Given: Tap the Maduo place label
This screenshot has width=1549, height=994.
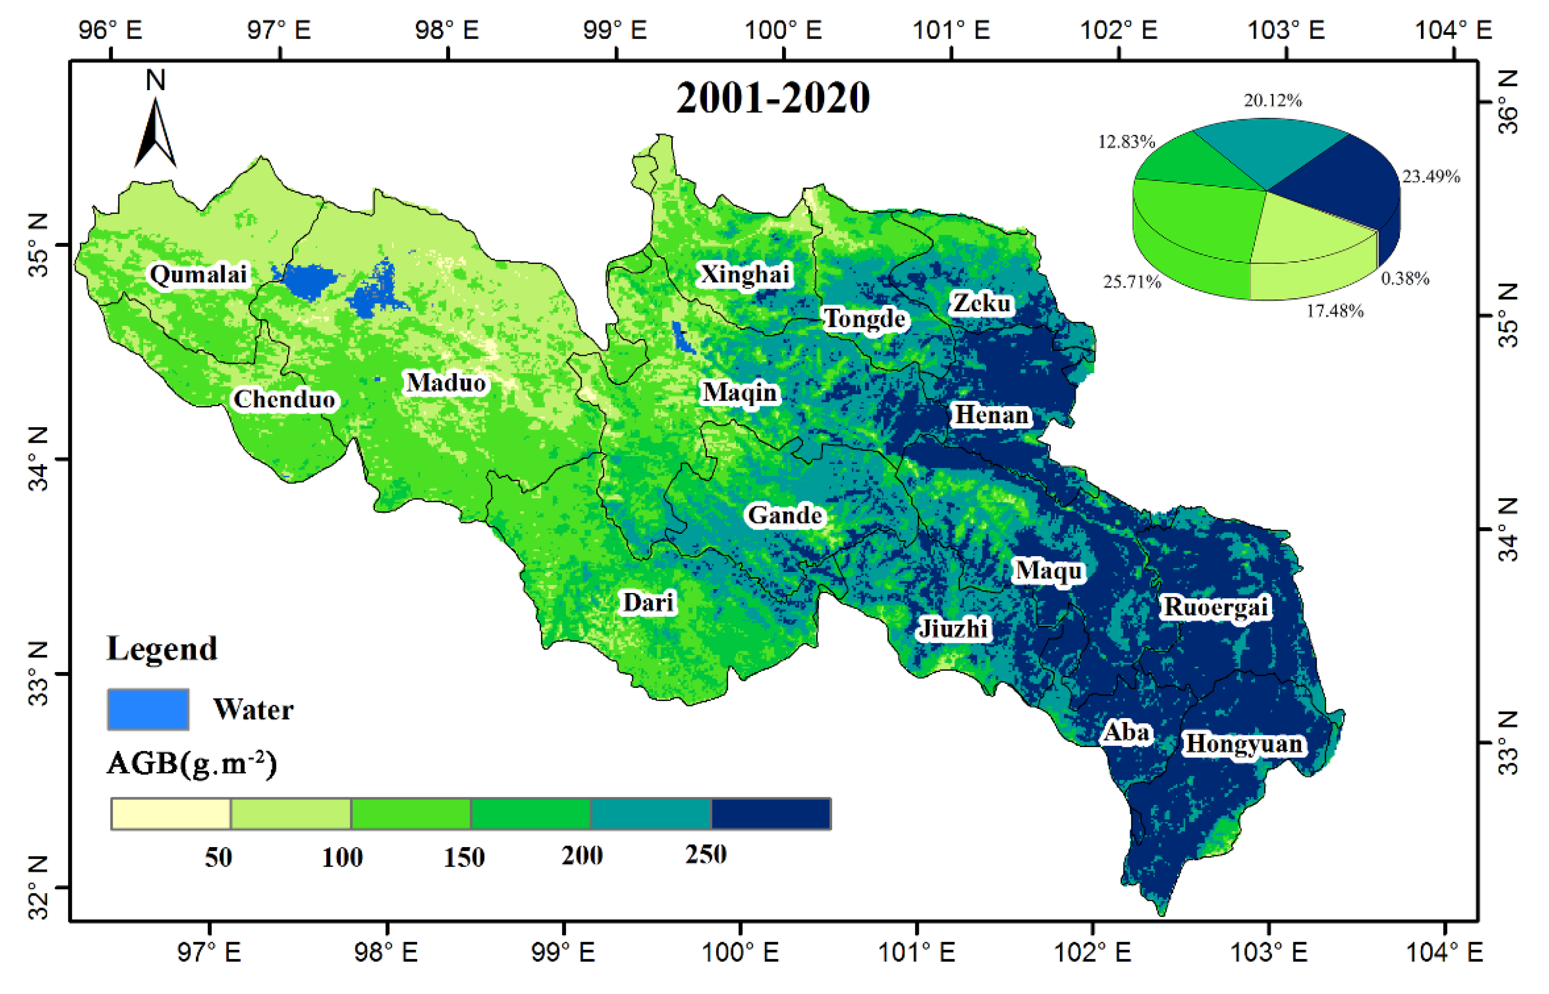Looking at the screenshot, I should (445, 383).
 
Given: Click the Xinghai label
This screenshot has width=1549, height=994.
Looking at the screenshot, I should (745, 274).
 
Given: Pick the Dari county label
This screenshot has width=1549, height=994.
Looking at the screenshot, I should (648, 602).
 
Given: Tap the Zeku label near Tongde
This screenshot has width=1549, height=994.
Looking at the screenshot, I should (981, 303).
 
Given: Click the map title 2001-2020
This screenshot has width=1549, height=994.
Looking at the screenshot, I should (772, 98).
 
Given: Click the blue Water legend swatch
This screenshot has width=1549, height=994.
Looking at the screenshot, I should (148, 709).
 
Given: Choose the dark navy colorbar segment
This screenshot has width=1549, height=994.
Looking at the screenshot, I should (770, 813).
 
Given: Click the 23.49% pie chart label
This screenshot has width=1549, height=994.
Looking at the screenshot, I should (1430, 176).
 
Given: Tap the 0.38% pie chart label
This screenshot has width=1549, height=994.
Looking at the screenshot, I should (1404, 278).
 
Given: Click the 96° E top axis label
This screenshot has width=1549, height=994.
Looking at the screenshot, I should (110, 30).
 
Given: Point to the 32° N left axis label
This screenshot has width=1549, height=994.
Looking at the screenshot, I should (38, 887).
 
